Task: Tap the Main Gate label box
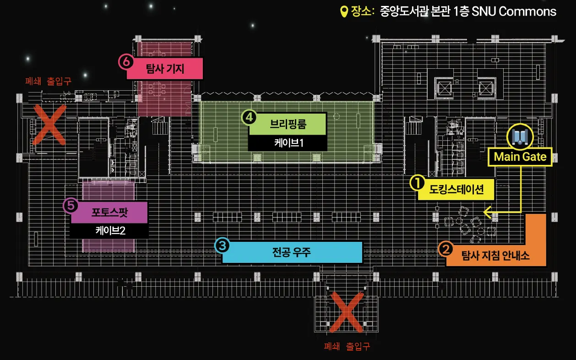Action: (x=520, y=157)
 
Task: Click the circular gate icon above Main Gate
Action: (x=520, y=136)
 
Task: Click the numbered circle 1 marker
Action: (x=417, y=183)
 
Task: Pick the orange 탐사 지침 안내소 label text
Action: (x=495, y=256)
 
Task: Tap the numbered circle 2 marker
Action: (x=446, y=250)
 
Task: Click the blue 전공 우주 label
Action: (x=292, y=252)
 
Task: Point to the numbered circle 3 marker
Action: (x=222, y=245)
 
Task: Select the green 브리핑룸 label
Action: (x=288, y=124)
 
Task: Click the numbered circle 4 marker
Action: (x=249, y=117)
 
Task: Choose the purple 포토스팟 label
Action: (x=109, y=213)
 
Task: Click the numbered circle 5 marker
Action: (x=70, y=206)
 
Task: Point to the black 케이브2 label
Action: (x=110, y=230)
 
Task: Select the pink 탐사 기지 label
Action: (x=164, y=69)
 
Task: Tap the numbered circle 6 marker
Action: (x=125, y=61)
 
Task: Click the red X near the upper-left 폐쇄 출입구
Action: (x=49, y=125)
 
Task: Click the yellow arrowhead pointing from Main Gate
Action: (x=487, y=213)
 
